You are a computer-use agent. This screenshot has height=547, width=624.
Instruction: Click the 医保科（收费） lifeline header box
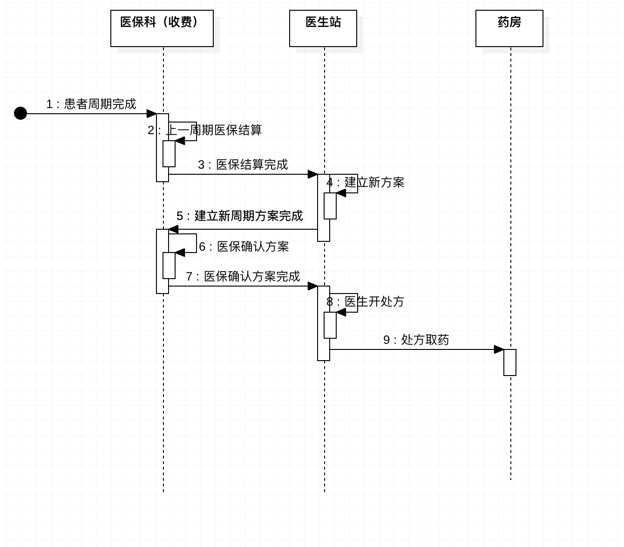tap(162, 28)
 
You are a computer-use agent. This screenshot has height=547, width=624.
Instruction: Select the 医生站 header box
tap(323, 28)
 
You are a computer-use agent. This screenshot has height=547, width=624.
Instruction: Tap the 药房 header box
tap(509, 28)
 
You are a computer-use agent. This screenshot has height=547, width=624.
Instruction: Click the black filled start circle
tap(20, 113)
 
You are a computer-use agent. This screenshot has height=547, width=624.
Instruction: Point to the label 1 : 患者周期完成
tap(91, 104)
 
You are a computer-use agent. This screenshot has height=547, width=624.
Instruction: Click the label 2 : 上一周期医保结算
tap(204, 130)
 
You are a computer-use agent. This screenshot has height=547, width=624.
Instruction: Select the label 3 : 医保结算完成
tap(243, 164)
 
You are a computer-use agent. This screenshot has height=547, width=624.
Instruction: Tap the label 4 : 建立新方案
tap(365, 182)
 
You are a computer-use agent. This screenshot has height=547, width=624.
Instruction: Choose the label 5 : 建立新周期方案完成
tap(239, 216)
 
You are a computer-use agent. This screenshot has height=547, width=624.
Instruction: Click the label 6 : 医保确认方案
tap(244, 246)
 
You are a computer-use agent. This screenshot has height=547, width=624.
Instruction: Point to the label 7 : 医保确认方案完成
tap(243, 276)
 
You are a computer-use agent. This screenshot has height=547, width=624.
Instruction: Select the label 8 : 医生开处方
tap(365, 301)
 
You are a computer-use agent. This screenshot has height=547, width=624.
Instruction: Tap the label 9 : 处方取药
tap(416, 340)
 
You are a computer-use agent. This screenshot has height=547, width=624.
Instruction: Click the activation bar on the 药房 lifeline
tap(509, 362)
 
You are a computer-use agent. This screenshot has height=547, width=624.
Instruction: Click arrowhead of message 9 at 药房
tap(499, 349)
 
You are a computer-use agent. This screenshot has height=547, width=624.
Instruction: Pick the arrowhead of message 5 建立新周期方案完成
tap(173, 229)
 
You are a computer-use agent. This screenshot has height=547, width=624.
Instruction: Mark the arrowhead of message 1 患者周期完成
tap(151, 114)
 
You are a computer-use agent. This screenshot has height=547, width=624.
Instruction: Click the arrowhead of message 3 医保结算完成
tap(313, 174)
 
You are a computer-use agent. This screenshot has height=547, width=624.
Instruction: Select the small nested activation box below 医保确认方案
tap(169, 266)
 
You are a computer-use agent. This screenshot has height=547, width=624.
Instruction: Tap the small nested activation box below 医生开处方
tap(330, 325)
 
